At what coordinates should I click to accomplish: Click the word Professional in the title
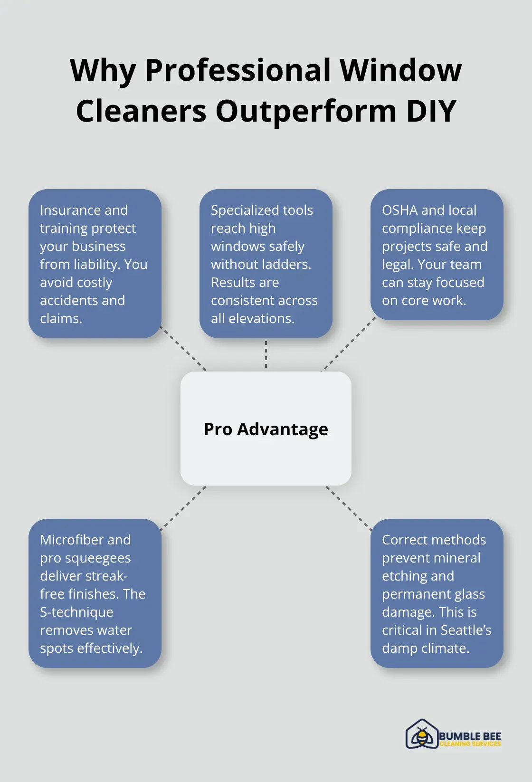point(237,70)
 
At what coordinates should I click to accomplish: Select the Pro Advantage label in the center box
point(266,429)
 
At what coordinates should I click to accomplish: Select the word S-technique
point(76,612)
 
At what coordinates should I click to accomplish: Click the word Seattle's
point(466,630)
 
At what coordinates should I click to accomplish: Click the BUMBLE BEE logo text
point(470,736)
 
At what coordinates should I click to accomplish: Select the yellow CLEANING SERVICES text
point(470,744)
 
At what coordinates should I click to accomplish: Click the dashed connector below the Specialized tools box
point(266,354)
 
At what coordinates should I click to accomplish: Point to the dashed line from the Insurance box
point(183,349)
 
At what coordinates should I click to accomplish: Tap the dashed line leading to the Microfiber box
point(183,508)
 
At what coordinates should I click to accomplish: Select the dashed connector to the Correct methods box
point(349,508)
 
